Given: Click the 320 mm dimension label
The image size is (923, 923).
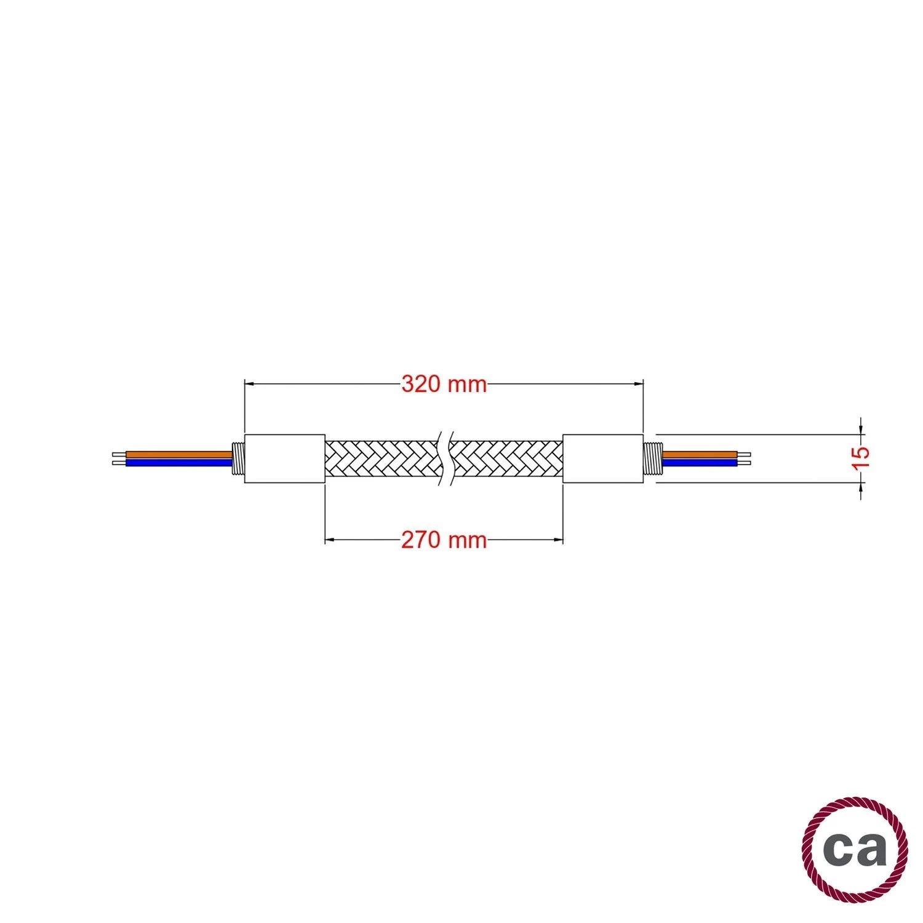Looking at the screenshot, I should point(444,384).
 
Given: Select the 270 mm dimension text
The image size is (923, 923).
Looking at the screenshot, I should point(444,540).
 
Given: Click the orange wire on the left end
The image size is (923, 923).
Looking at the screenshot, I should point(178,455).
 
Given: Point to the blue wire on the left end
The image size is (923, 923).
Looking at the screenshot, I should point(178,462).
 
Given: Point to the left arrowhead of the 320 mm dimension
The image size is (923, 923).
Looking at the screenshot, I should point(250,384).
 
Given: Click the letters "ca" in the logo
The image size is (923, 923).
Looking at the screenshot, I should point(855,850).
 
